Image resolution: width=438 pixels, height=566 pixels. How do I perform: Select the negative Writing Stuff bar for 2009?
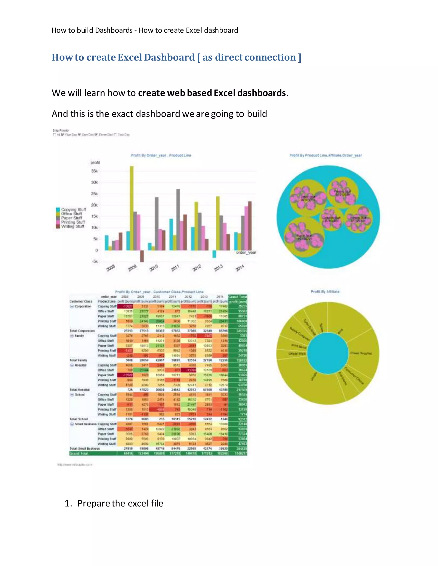click(142, 256)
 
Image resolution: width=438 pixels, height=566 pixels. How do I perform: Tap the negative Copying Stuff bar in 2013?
click(214, 254)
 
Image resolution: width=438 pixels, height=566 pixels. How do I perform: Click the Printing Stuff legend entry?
click(73, 222)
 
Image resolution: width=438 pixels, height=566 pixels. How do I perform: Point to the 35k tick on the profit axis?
click(95, 171)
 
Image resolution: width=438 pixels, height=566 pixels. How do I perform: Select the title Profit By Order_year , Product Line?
click(161, 155)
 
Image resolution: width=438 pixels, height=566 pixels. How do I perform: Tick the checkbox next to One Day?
click(79, 135)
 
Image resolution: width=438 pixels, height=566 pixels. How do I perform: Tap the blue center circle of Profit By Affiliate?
click(327, 353)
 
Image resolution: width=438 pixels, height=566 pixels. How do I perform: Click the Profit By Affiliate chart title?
click(325, 292)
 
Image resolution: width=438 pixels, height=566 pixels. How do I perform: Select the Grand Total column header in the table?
click(237, 297)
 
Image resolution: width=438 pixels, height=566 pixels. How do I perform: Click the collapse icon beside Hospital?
click(72, 365)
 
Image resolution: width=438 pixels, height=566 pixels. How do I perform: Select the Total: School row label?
click(79, 419)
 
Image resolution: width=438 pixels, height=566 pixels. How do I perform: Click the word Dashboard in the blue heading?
click(169, 57)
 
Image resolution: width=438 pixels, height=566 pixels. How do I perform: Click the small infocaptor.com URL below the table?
click(75, 465)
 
